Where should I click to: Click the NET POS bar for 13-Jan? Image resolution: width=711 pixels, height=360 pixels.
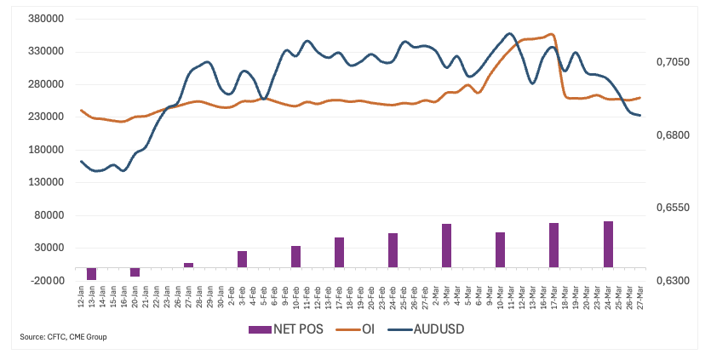[x=91, y=273]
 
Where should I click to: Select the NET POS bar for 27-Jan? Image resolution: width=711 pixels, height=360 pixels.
[x=188, y=265]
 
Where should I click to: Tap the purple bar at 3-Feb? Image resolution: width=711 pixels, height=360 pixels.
[x=242, y=259]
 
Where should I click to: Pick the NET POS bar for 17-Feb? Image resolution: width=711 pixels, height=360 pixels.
[x=339, y=252]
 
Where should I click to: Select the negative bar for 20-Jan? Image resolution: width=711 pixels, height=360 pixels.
[x=135, y=271]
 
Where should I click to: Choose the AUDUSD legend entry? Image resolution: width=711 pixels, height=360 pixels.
[x=426, y=329]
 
